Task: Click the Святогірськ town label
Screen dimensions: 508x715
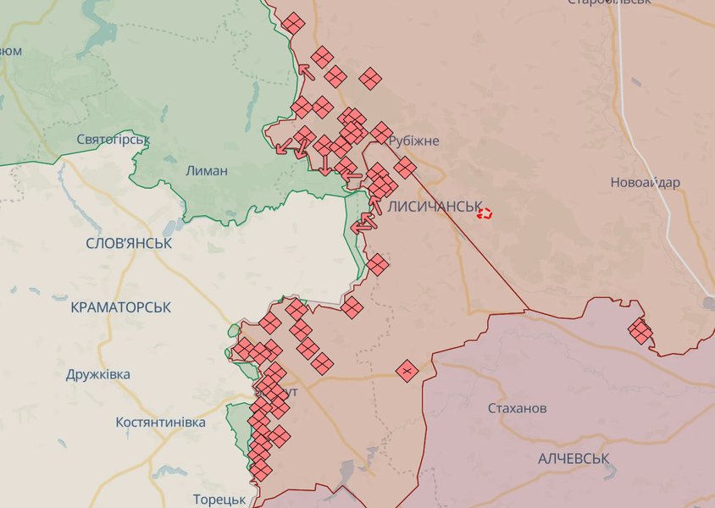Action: tap(113, 139)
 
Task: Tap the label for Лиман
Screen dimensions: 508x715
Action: tap(206, 170)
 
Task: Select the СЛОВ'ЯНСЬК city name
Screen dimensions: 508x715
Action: tap(129, 243)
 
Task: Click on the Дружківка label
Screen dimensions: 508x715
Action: tap(98, 374)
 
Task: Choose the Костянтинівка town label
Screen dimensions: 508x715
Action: tap(161, 422)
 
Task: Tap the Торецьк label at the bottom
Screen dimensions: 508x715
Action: tap(219, 499)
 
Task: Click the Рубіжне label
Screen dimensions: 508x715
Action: tap(413, 141)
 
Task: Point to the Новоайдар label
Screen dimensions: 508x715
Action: tap(645, 182)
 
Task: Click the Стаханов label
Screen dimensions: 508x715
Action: tap(517, 408)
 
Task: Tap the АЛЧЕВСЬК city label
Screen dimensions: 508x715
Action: tap(574, 458)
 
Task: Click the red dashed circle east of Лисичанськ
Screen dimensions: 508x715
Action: tap(485, 213)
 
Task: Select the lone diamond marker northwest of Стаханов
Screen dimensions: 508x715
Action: tap(407, 370)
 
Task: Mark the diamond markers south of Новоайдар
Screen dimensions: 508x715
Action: tap(640, 330)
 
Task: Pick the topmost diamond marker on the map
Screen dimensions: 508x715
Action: tap(292, 23)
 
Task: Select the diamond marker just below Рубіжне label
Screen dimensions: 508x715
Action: tap(405, 167)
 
